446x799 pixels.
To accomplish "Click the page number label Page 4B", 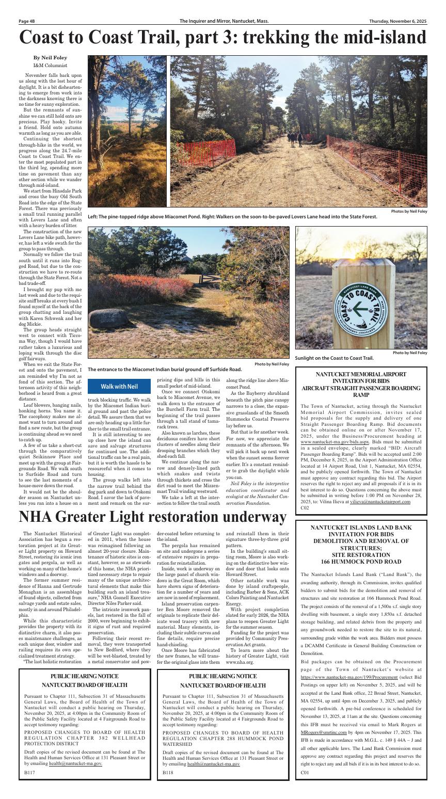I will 27,21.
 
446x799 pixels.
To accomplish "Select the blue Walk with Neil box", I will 119,387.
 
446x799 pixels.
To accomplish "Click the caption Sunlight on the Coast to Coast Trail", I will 334,358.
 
